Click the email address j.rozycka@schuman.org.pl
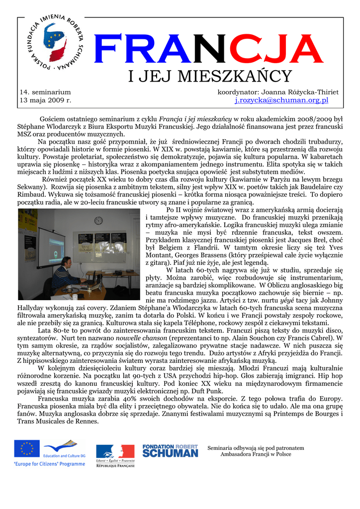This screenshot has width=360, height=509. pyautogui.click(x=281, y=100)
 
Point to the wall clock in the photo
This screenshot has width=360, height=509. pyautogui.click(x=98, y=220)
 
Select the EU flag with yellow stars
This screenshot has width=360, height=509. pyautogui.click(x=27, y=448)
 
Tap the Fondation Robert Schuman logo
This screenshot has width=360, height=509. pyautogui.click(x=170, y=451)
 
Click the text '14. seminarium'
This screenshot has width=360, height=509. pyautogui.click(x=45, y=92)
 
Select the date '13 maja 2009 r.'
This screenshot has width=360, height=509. pyautogui.click(x=45, y=100)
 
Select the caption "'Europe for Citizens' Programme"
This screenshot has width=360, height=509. pyautogui.click(x=49, y=464)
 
